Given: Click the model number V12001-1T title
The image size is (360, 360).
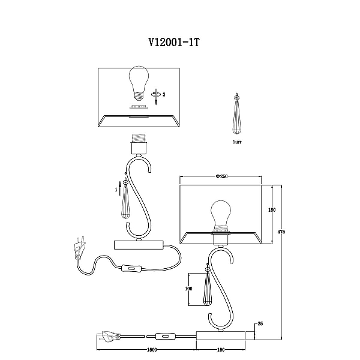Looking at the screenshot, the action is [x=174, y=42].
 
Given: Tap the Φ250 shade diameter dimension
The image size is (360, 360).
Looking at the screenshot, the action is [x=221, y=176].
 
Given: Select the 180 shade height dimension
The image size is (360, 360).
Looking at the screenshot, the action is [x=272, y=209].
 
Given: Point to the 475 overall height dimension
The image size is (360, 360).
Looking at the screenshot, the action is [x=281, y=232].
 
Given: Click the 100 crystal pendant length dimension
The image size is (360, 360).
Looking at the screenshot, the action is [x=188, y=289].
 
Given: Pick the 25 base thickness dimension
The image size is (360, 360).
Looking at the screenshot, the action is [x=260, y=324].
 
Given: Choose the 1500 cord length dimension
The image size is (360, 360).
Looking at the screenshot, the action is [x=152, y=350].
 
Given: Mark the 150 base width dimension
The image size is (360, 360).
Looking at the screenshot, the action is [x=221, y=350].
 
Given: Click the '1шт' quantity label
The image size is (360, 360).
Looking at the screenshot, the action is [x=237, y=142].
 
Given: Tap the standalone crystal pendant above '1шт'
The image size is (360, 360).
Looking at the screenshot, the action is [x=237, y=114].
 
